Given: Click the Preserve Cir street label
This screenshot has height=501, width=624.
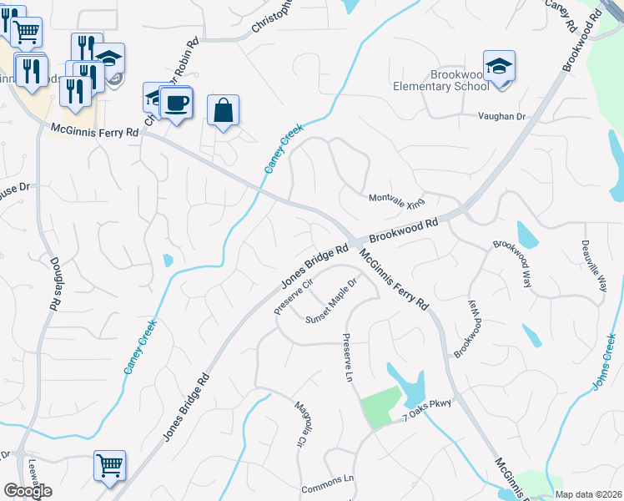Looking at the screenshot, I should [x=294, y=296].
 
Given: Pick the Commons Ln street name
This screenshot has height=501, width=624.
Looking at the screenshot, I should [x=327, y=483].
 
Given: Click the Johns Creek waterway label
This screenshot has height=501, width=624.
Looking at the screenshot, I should [x=606, y=361].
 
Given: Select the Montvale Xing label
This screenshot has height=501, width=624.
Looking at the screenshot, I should [x=397, y=200].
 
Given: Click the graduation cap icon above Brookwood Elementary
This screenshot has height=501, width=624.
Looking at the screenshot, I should [x=499, y=65].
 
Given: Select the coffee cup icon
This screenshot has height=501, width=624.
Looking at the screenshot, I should [x=176, y=104].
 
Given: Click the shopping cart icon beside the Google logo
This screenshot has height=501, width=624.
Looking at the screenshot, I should [x=109, y=465].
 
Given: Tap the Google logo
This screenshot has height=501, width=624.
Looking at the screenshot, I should [x=28, y=490].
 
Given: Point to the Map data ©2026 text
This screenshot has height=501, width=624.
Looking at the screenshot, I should [x=590, y=494].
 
